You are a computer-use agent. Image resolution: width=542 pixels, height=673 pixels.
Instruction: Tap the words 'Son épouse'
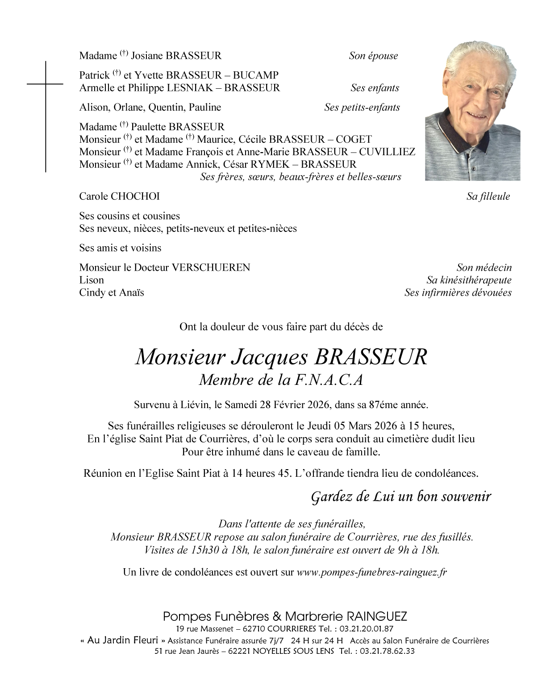pyautogui.click(x=373, y=56)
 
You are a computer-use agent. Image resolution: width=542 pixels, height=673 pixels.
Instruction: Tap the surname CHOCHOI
pyautogui.click(x=134, y=197)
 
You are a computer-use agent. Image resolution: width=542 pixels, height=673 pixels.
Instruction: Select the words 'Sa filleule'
pyautogui.click(x=488, y=197)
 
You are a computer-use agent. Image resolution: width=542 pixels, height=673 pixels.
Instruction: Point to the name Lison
pyautogui.click(x=92, y=281)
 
